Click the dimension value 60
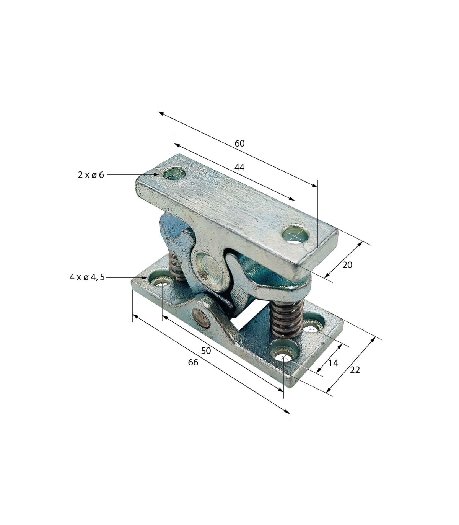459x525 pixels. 239,143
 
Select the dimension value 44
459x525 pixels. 239,168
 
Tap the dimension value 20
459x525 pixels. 347,265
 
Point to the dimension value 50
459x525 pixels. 206,351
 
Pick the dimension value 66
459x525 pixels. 193,362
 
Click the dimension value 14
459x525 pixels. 334,363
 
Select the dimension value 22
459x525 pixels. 355,370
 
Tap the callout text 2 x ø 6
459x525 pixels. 91,175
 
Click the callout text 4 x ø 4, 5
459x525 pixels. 87,277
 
